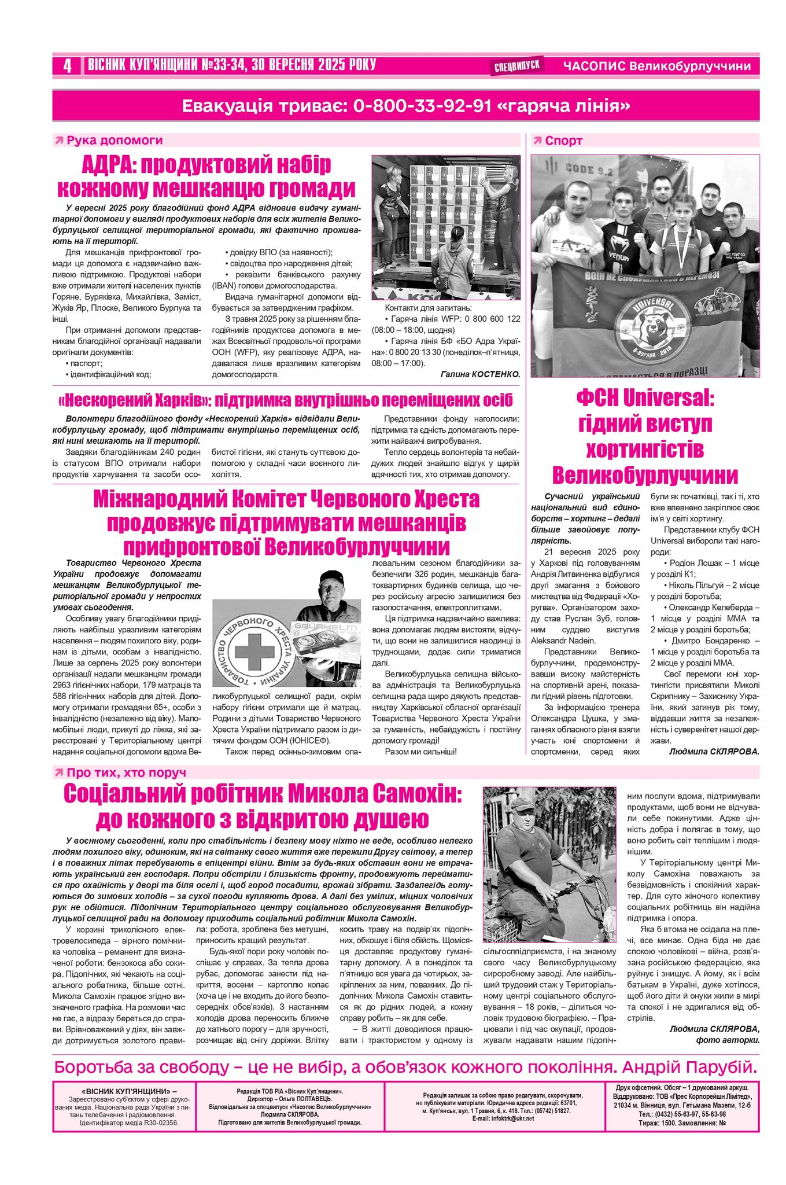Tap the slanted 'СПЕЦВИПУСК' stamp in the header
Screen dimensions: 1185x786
[x=517, y=66]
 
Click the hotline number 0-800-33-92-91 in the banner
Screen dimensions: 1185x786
[x=422, y=106]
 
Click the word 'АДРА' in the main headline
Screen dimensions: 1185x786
[x=108, y=165]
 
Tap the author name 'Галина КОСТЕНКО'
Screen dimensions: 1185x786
[x=480, y=374]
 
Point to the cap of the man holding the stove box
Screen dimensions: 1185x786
[x=332, y=577]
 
